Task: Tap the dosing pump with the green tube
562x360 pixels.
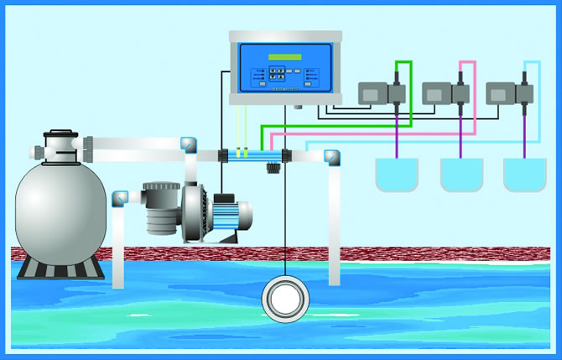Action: click(x=382, y=92)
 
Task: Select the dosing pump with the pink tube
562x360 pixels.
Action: click(x=445, y=92)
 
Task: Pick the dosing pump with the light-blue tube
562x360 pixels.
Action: click(x=509, y=92)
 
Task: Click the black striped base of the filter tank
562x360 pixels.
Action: click(x=61, y=267)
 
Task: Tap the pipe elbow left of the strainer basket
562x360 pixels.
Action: click(x=119, y=200)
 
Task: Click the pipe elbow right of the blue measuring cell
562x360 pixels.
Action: click(x=334, y=156)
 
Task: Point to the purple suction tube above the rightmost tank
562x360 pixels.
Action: click(x=524, y=134)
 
